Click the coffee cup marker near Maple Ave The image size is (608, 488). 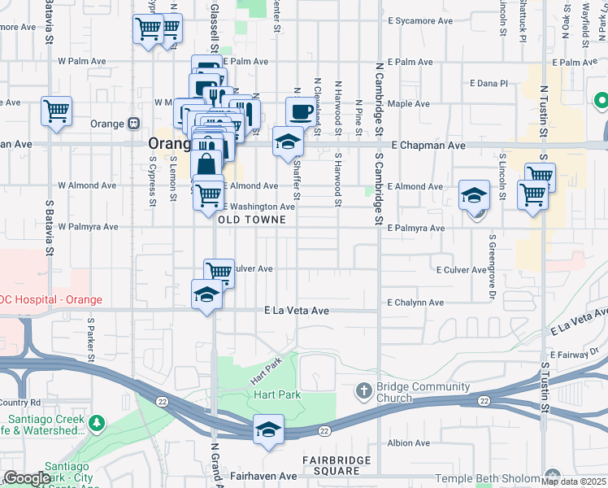[x=300, y=111]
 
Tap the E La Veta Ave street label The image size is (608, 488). [x=297, y=311]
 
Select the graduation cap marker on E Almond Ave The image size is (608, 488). [x=474, y=195]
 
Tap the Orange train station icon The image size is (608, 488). [x=133, y=124]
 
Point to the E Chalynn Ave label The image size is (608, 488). [x=415, y=303]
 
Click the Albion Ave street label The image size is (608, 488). [x=408, y=443]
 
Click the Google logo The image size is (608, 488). [x=27, y=478]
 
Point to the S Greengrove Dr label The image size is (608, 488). [x=492, y=267]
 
